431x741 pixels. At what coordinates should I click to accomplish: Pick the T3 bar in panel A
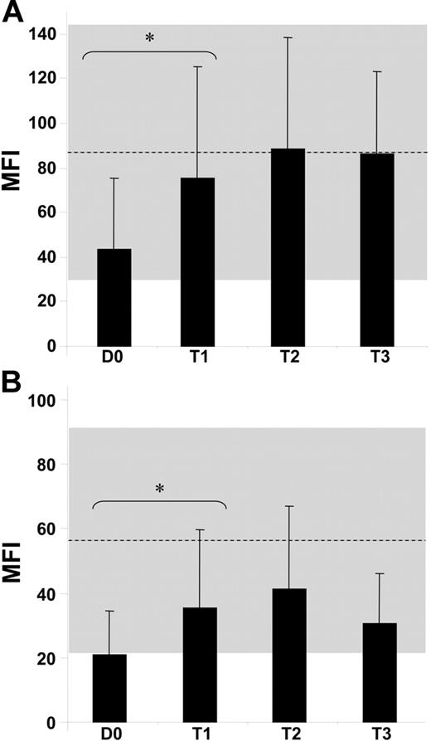[x=376, y=249]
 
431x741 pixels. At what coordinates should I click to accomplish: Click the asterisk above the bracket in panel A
[x=149, y=38]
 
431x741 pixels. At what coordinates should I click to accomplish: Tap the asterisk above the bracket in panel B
[x=158, y=490]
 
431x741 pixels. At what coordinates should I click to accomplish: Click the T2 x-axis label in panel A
[x=288, y=358]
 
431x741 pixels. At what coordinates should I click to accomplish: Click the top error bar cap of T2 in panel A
[x=288, y=37]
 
